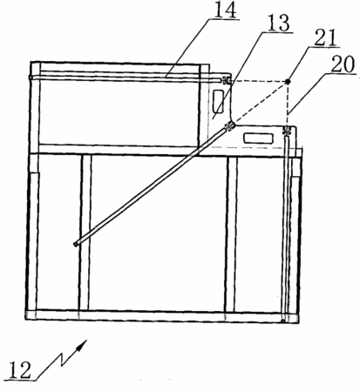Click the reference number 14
pyautogui.click(x=226, y=10)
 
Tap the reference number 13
pyautogui.click(x=279, y=23)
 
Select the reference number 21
pyautogui.click(x=325, y=37)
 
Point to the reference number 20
pyautogui.click(x=343, y=64)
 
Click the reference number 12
pyautogui.click(x=19, y=370)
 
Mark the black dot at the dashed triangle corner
pyautogui.click(x=288, y=82)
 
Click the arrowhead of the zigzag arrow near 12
pyautogui.click(x=83, y=344)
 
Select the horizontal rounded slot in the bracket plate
pyautogui.click(x=259, y=138)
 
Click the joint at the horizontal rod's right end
pyautogui.click(x=226, y=80)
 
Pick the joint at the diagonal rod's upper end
pyautogui.click(x=230, y=126)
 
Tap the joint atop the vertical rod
pyautogui.click(x=287, y=132)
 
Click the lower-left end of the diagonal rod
pyautogui.click(x=76, y=244)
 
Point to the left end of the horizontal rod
pyautogui.click(x=31, y=78)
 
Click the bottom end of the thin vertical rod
pyautogui.click(x=283, y=321)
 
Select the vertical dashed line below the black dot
pyautogui.click(x=288, y=105)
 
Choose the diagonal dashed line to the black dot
pyautogui.click(x=261, y=102)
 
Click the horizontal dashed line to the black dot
pyautogui.click(x=259, y=81)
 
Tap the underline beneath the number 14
pyautogui.click(x=224, y=20)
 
